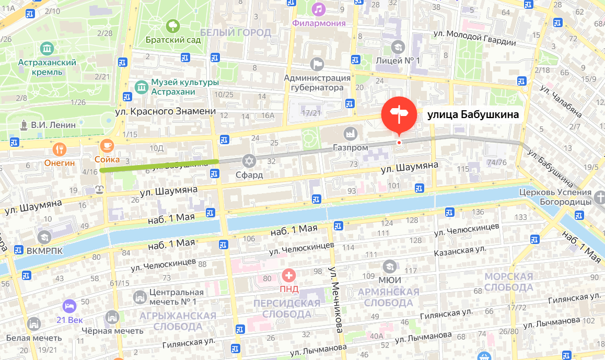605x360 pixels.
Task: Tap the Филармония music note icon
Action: click(319, 9)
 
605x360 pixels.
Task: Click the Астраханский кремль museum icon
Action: click(48, 49)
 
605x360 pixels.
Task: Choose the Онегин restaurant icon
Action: click(59, 149)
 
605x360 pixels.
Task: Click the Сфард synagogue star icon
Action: click(249, 161)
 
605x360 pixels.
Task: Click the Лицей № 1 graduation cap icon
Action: click(398, 47)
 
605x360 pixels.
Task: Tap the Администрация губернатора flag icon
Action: click(317, 64)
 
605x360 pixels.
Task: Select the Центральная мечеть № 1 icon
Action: click(139, 297)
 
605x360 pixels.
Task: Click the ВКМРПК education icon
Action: click(44, 237)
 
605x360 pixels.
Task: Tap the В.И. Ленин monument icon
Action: click(24, 125)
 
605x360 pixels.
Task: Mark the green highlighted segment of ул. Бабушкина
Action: click(159, 166)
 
